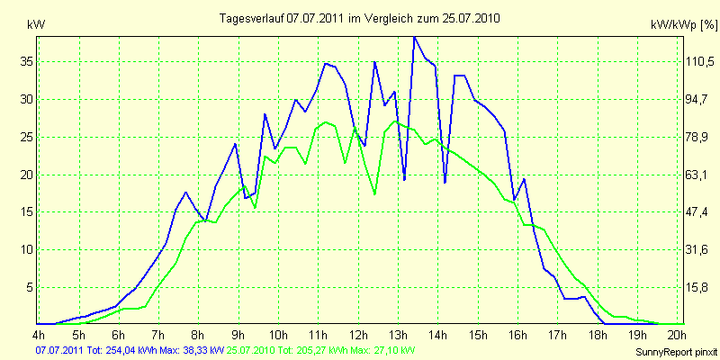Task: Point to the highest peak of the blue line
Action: click(414, 37)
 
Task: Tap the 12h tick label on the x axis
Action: click(358, 336)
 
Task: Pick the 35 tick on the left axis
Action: click(27, 61)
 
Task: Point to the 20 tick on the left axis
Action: click(27, 175)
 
